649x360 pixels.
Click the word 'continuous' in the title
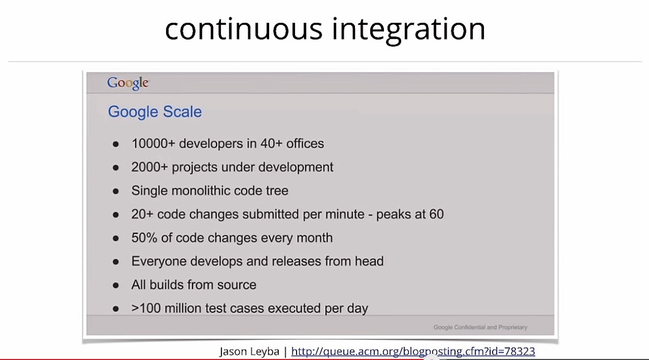pyautogui.click(x=243, y=29)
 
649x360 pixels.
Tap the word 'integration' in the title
pyautogui.click(x=408, y=31)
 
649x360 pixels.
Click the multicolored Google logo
pyautogui.click(x=128, y=83)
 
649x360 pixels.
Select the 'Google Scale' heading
pyautogui.click(x=155, y=112)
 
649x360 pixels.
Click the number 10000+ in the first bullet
pyautogui.click(x=153, y=143)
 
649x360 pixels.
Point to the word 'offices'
pyautogui.click(x=305, y=143)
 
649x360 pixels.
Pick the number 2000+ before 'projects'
pyautogui.click(x=150, y=167)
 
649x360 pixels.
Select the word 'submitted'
pyautogui.click(x=271, y=214)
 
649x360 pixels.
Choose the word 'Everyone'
pyautogui.click(x=159, y=261)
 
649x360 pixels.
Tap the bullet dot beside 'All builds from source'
pyautogui.click(x=115, y=286)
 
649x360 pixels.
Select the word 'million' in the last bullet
pyautogui.click(x=183, y=308)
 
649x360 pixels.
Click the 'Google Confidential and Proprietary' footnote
pyautogui.click(x=480, y=327)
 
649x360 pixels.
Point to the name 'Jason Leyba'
pyautogui.click(x=249, y=352)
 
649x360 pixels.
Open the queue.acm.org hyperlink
pyautogui.click(x=413, y=351)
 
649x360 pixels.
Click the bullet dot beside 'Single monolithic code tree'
pyautogui.click(x=115, y=191)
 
